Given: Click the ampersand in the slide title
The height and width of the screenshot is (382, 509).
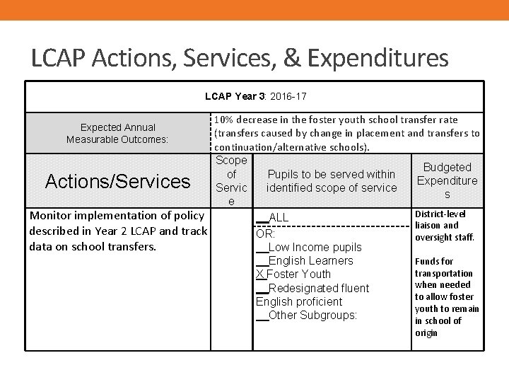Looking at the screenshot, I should click(x=290, y=58).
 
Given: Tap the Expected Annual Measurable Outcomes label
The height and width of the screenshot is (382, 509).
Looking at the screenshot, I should click(x=117, y=133).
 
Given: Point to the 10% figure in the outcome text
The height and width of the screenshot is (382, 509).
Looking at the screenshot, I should click(x=226, y=120).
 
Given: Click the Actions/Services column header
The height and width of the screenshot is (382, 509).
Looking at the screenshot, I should click(x=117, y=181).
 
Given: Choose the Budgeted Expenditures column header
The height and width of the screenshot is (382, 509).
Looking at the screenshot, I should click(x=447, y=180).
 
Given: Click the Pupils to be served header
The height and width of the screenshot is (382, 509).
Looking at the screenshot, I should click(x=331, y=181).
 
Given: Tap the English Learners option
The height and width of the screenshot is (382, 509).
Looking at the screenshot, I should click(x=305, y=260).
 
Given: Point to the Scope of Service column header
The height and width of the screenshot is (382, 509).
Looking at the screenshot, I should click(x=231, y=181).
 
